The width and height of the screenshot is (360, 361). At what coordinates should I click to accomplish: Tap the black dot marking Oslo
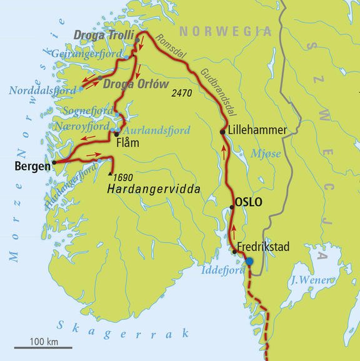click(232, 207)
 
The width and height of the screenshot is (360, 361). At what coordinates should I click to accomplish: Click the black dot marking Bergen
click(54, 162)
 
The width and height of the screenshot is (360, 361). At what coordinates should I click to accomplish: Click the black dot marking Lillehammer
click(222, 131)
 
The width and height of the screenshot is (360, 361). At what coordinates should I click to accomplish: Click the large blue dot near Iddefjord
click(249, 262)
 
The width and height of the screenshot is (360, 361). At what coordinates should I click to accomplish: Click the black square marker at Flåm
click(117, 133)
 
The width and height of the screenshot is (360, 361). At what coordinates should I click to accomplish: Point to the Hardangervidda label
click(148, 187)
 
